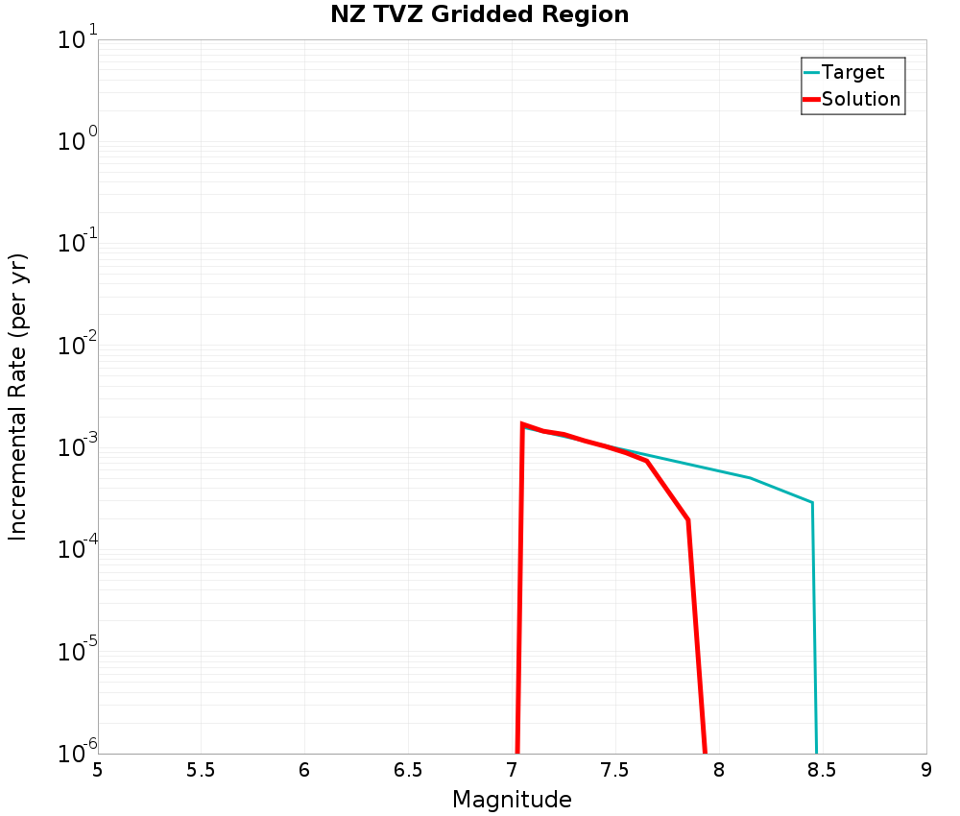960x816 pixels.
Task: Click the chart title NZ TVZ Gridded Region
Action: (x=479, y=15)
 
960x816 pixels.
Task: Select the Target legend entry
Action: (x=852, y=72)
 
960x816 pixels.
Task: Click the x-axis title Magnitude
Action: (x=512, y=800)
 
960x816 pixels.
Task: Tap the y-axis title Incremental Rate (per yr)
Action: (x=18, y=396)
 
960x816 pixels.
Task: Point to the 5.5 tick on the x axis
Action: (x=201, y=769)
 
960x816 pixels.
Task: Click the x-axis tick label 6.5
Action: (x=408, y=769)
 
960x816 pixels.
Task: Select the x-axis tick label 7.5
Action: (x=614, y=769)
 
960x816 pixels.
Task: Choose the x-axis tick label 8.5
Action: (x=822, y=769)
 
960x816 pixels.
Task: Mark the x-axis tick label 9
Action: (x=926, y=769)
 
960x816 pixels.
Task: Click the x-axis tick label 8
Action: (x=719, y=769)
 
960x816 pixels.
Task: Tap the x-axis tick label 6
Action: (x=304, y=769)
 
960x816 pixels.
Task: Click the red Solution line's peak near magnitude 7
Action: (x=522, y=423)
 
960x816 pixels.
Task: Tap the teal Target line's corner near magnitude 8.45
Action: (x=812, y=502)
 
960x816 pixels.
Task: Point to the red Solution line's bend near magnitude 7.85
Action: (x=688, y=519)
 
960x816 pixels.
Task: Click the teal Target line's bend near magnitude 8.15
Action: (x=751, y=478)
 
